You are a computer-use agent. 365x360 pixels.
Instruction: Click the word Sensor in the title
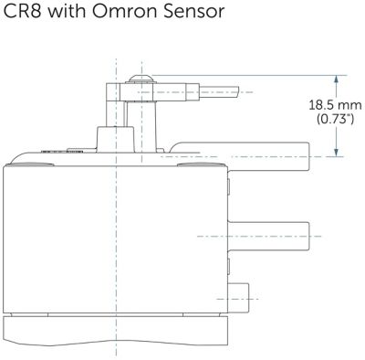(x=193, y=11)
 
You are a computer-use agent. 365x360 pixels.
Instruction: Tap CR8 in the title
(x=22, y=11)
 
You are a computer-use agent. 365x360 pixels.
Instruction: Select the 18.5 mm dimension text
(x=335, y=105)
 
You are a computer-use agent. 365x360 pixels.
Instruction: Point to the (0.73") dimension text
(x=335, y=119)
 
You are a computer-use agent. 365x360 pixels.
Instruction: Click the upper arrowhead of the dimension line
(x=336, y=79)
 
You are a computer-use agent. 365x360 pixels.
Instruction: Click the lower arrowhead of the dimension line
(x=336, y=153)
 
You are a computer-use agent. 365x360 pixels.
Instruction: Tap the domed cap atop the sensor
(x=141, y=79)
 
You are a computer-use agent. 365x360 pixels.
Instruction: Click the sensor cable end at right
(x=219, y=91)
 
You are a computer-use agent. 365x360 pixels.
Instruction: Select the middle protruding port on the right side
(x=269, y=237)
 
